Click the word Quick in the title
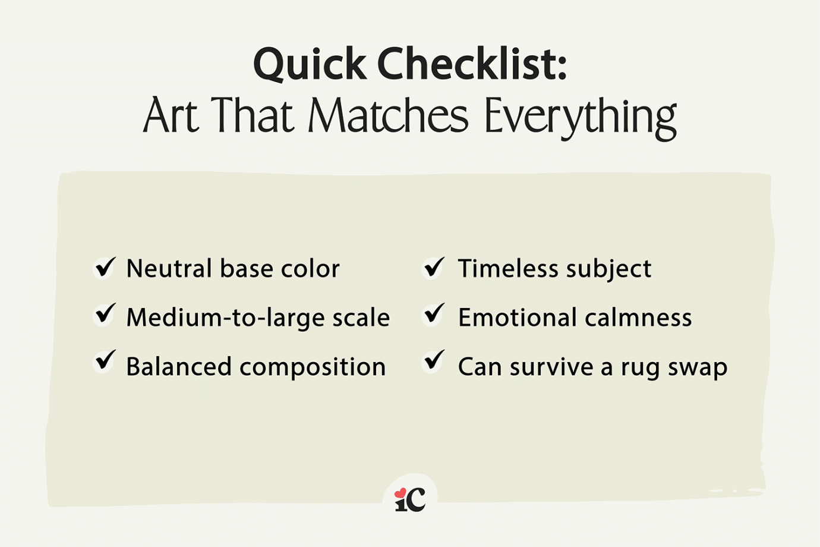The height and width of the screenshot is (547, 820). pos(310,64)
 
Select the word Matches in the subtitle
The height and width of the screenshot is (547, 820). pos(388,115)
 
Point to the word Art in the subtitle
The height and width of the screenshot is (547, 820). pos(170,115)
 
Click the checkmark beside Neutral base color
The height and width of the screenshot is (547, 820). pos(105,267)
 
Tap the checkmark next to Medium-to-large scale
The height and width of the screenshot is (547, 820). pos(105,314)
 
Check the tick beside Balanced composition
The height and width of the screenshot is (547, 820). pos(105,361)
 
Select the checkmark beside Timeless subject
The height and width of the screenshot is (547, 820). pos(434,267)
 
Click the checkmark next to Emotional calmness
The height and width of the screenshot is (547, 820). pos(434,314)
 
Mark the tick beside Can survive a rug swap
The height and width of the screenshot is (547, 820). pos(434,361)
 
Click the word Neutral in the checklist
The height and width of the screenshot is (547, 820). pos(169,269)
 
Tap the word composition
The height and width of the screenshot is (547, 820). pos(313,367)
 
